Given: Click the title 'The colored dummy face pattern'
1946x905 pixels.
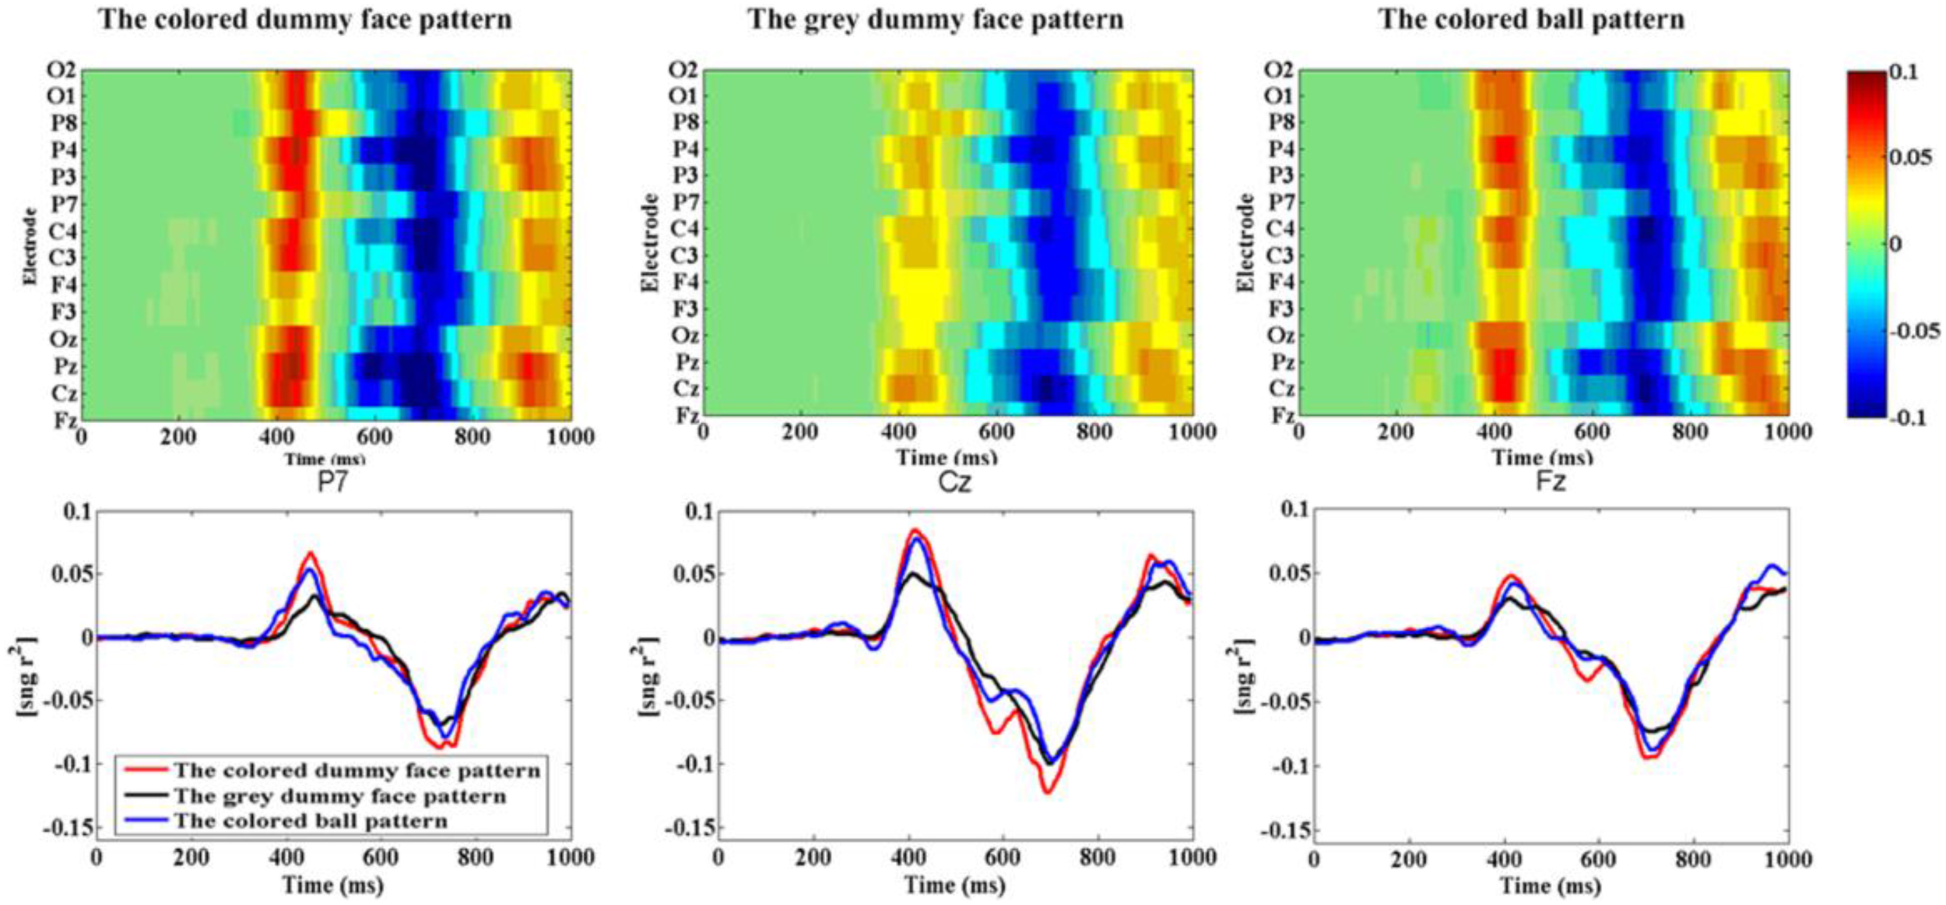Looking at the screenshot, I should (x=305, y=19).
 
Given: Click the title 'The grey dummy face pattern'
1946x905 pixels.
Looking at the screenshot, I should (x=936, y=19).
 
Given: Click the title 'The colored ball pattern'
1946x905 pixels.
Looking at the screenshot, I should (x=1531, y=19).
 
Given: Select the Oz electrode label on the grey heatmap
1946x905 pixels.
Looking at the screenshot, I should (x=685, y=336).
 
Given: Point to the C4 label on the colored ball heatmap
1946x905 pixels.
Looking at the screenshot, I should (x=1280, y=229).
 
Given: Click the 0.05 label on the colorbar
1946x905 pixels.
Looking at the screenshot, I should (x=1911, y=158).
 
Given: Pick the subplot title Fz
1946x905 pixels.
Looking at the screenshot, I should (x=1550, y=482).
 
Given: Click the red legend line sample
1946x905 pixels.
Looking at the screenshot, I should (x=146, y=770).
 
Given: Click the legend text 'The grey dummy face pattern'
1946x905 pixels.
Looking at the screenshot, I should (x=339, y=796).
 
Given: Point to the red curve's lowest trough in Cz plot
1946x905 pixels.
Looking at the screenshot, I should (x=1048, y=792).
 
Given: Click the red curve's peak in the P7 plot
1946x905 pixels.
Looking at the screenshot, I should (x=311, y=554).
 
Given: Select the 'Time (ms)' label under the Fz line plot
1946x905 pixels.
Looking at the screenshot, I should (x=1550, y=886).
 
